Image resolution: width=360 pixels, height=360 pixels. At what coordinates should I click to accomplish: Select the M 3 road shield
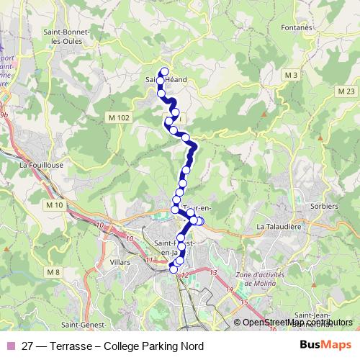click(291, 75)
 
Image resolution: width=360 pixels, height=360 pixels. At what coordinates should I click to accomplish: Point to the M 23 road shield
click(346, 91)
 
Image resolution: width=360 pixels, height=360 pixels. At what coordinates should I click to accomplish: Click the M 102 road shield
click(119, 117)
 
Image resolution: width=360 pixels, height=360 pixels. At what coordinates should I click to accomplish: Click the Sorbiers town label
click(325, 206)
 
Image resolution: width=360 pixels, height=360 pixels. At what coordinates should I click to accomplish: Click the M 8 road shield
click(52, 271)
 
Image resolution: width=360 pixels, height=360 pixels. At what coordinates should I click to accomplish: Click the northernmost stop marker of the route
click(165, 71)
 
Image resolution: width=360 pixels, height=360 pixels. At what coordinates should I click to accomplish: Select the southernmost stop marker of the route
click(172, 270)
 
